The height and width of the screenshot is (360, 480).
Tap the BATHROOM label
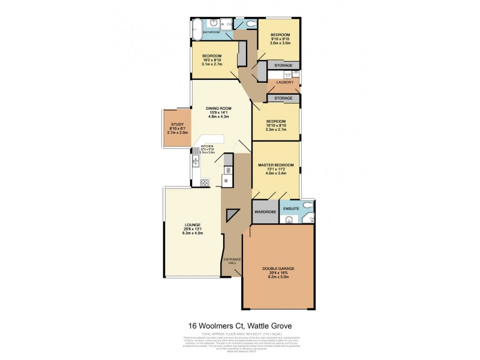point(211,32)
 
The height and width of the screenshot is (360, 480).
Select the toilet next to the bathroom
point(251,24)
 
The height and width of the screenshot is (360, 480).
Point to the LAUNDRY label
point(285,83)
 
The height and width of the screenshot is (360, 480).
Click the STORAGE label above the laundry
point(283,65)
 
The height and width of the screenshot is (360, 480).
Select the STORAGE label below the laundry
point(283,98)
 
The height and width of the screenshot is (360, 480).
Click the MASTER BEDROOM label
point(275,164)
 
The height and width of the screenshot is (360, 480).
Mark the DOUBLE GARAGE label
point(281,269)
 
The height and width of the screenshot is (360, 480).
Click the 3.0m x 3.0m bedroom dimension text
point(280,43)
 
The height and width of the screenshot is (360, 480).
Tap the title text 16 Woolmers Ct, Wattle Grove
point(240,325)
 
